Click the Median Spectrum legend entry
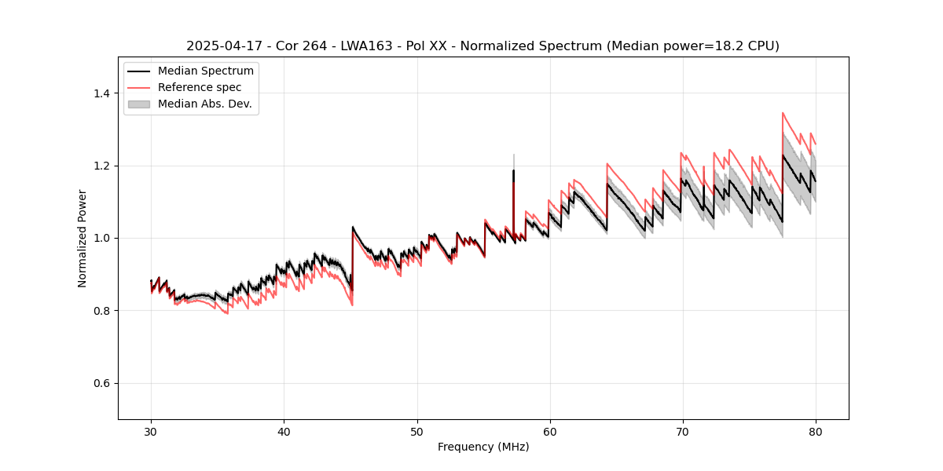pyautogui.click(x=205, y=71)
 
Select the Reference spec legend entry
pyautogui.click(x=200, y=87)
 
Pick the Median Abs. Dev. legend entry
pyautogui.click(x=204, y=104)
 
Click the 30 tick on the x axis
pyautogui.click(x=152, y=432)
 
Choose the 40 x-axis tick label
pyautogui.click(x=284, y=432)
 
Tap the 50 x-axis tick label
pyautogui.click(x=417, y=432)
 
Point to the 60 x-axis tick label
pyautogui.click(x=550, y=432)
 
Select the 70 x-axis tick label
pyautogui.click(x=683, y=432)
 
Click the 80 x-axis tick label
pyautogui.click(x=816, y=432)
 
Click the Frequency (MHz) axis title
pyautogui.click(x=483, y=447)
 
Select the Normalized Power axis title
pyautogui.click(x=83, y=238)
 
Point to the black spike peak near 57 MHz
pyautogui.click(x=514, y=170)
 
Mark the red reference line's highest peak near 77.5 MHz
pyautogui.click(x=783, y=113)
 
